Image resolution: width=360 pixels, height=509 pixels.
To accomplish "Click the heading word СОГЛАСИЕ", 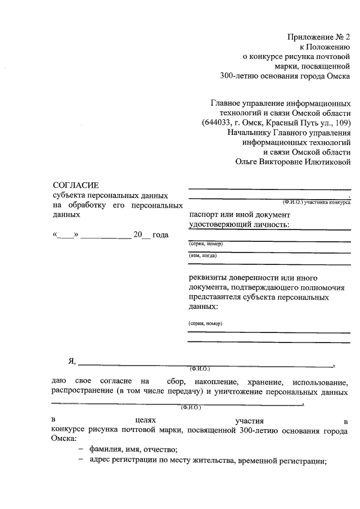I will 75,184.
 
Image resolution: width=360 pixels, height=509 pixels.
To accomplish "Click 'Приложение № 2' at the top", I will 319,37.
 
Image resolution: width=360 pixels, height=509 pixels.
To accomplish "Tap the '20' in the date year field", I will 138,235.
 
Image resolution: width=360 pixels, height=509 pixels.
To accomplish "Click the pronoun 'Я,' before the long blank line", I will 72,361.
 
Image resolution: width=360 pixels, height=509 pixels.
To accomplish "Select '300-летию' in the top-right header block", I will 237,75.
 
